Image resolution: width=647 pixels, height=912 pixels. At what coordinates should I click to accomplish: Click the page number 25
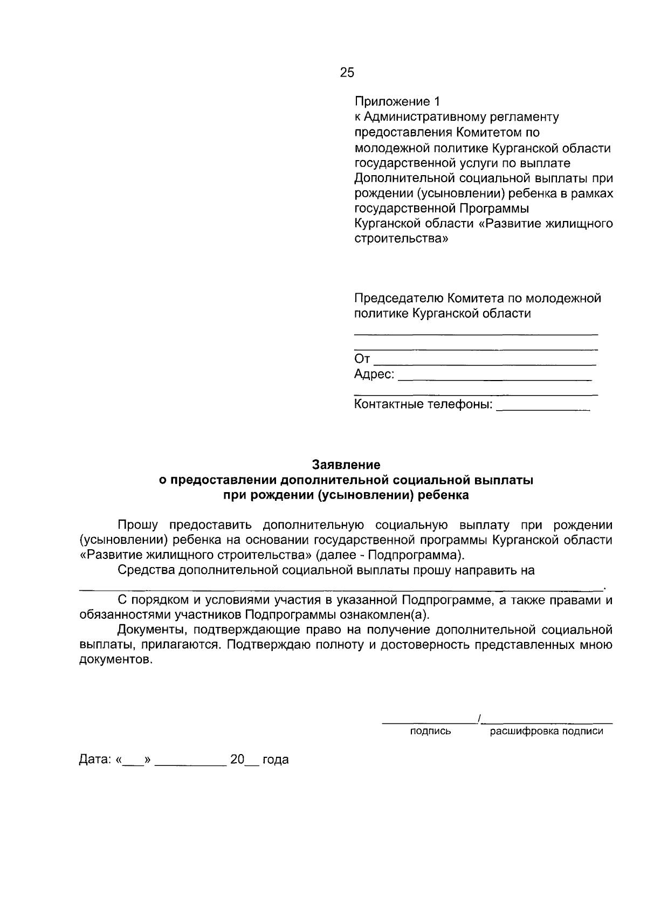point(347,73)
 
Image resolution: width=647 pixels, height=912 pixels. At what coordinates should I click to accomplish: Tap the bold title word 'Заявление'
point(347,464)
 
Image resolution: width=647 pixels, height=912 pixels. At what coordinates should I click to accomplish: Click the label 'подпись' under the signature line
point(431,731)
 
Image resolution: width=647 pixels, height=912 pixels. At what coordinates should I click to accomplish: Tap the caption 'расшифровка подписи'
point(546,731)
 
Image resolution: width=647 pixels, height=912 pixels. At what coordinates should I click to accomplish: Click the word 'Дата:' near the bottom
point(95,760)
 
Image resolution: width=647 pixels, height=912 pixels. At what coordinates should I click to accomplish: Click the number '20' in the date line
point(237,759)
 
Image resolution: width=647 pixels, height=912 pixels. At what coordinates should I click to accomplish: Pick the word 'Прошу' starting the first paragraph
point(137,525)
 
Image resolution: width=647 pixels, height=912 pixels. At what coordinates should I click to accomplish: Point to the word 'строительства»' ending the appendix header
point(401,238)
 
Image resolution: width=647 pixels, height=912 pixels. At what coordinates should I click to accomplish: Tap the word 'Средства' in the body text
point(145,570)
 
